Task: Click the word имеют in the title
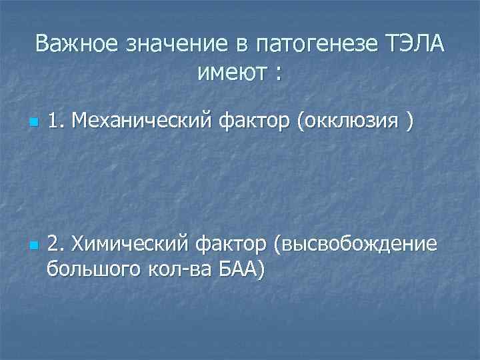[x=230, y=71]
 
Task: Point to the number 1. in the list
[x=57, y=121]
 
